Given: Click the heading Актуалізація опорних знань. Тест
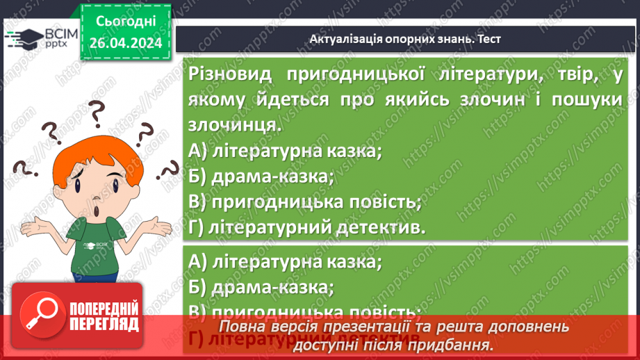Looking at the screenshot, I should pyautogui.click(x=405, y=40).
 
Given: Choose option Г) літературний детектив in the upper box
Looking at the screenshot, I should pyautogui.click(x=306, y=227).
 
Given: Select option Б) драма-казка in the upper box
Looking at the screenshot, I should pyautogui.click(x=261, y=177).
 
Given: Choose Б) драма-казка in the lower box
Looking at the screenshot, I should pyautogui.click(x=261, y=286).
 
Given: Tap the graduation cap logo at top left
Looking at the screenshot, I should pyautogui.click(x=23, y=38).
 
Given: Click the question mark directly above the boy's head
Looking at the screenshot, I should pyautogui.click(x=97, y=111).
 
